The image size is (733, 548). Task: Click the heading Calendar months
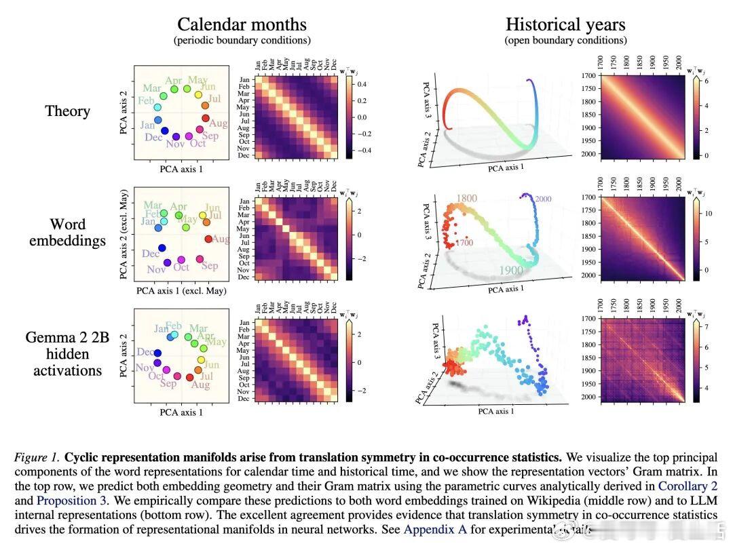(242, 24)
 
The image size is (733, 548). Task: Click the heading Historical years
(565, 24)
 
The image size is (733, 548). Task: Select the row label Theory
(67, 111)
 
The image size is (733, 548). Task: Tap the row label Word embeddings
(67, 232)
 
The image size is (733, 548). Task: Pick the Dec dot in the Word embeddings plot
(162, 248)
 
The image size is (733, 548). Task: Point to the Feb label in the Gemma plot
(173, 326)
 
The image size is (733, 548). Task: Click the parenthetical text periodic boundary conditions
(242, 41)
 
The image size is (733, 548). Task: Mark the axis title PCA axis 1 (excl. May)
(181, 291)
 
